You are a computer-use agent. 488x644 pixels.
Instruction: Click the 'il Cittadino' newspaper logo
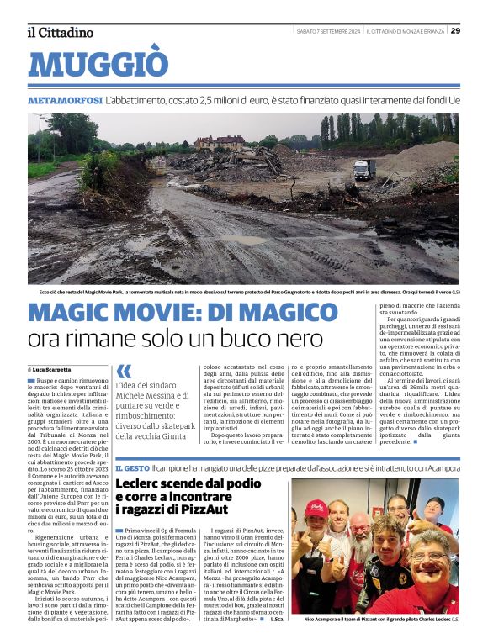60,33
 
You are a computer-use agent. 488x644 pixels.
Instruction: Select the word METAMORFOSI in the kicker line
65,100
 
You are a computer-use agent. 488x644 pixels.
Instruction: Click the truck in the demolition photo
363,169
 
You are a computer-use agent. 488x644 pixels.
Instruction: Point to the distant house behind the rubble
220,142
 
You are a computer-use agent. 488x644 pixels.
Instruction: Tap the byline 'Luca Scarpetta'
51,369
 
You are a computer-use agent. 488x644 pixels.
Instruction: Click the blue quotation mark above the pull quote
124,371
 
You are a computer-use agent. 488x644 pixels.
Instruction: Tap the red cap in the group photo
316,509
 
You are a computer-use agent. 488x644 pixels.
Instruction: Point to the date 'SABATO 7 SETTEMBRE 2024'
329,31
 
